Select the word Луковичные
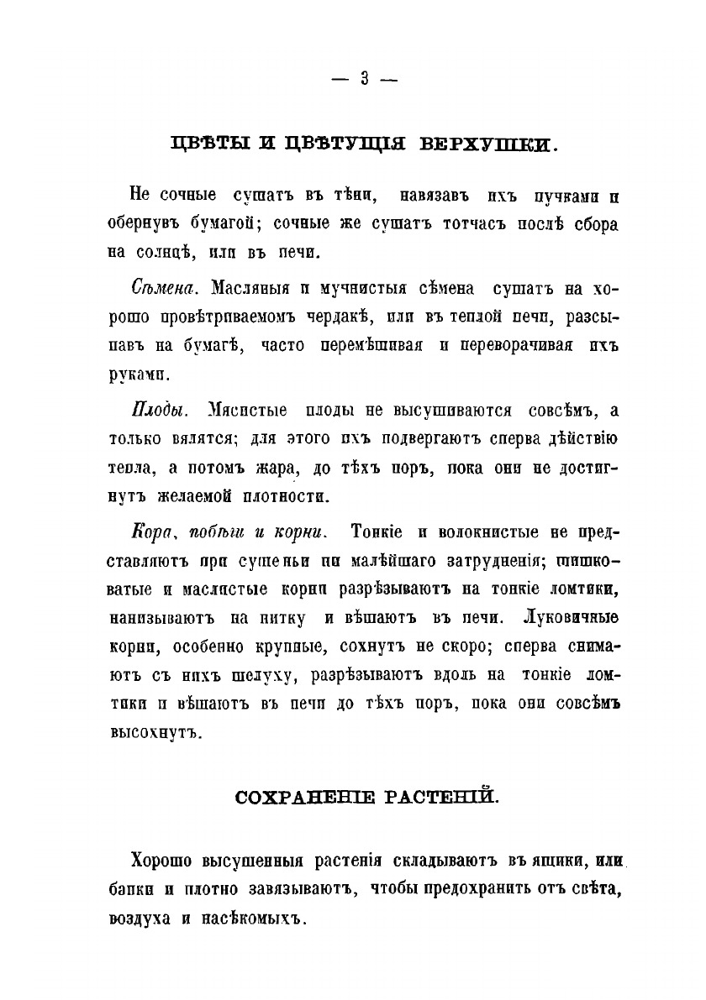(571, 617)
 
